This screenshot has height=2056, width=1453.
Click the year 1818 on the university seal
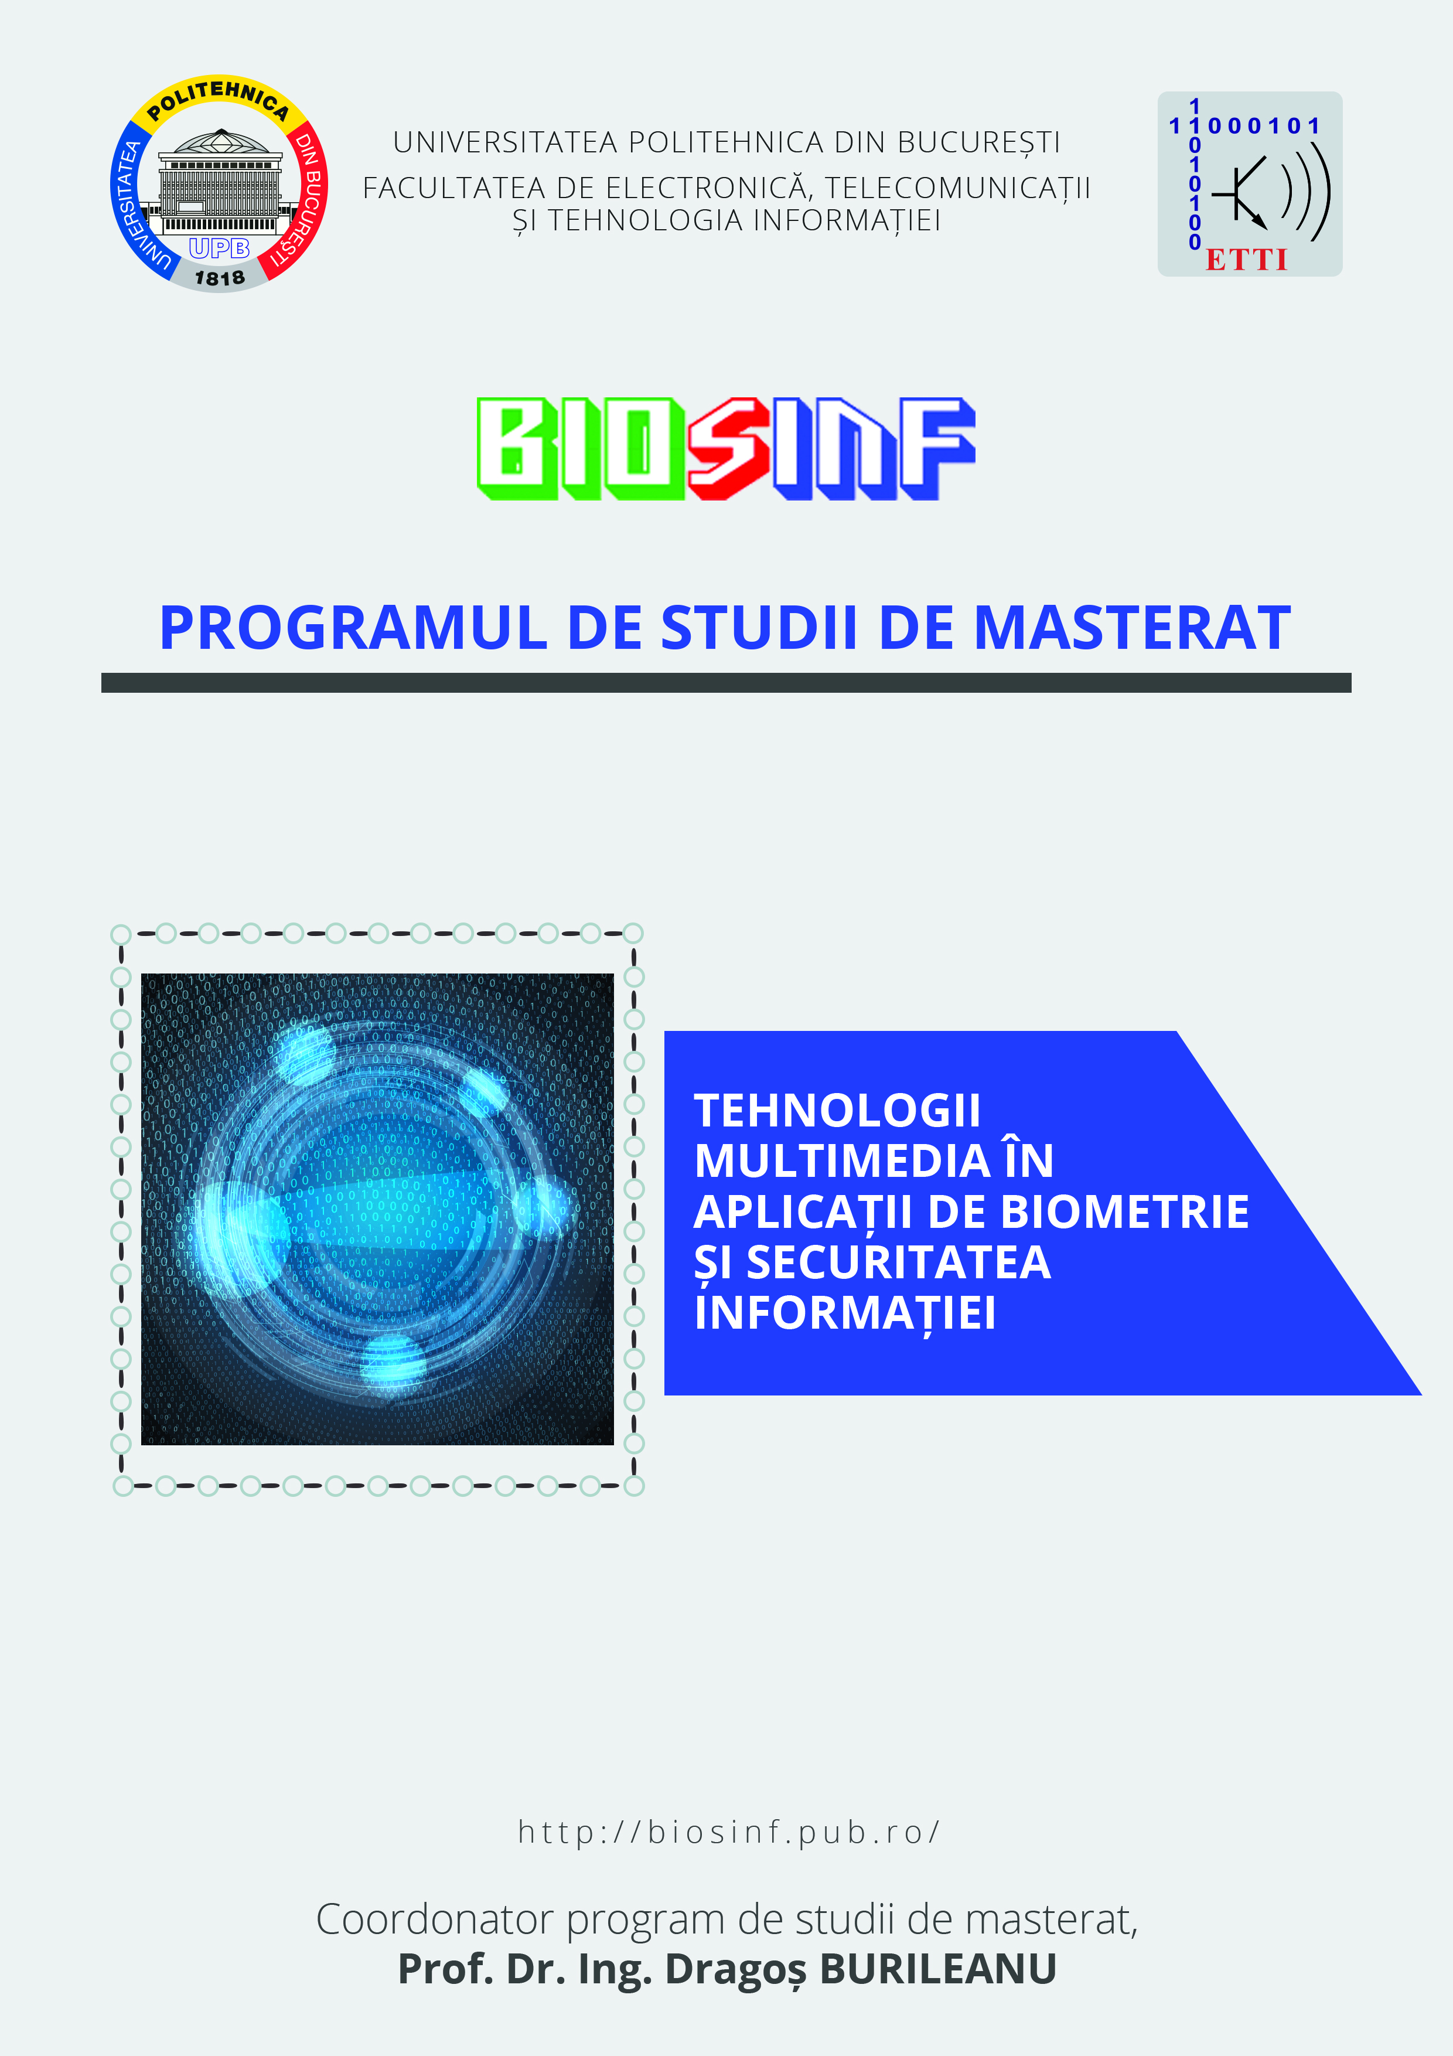click(x=219, y=278)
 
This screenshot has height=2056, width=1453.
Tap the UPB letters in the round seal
click(x=219, y=248)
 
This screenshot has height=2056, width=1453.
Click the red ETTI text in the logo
click(x=1246, y=260)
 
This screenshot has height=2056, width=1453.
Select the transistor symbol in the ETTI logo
click(x=1240, y=192)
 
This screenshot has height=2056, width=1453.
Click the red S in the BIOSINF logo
click(x=729, y=448)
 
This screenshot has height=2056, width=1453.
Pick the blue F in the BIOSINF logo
click(x=937, y=448)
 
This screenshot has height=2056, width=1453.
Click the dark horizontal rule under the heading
click(x=726, y=682)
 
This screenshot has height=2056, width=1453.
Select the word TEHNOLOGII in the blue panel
click(x=837, y=1111)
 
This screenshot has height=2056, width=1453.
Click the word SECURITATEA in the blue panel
click(x=898, y=1262)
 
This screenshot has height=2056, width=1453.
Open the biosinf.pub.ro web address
click(x=729, y=1832)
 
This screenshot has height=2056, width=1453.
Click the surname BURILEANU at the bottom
click(x=938, y=1969)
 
